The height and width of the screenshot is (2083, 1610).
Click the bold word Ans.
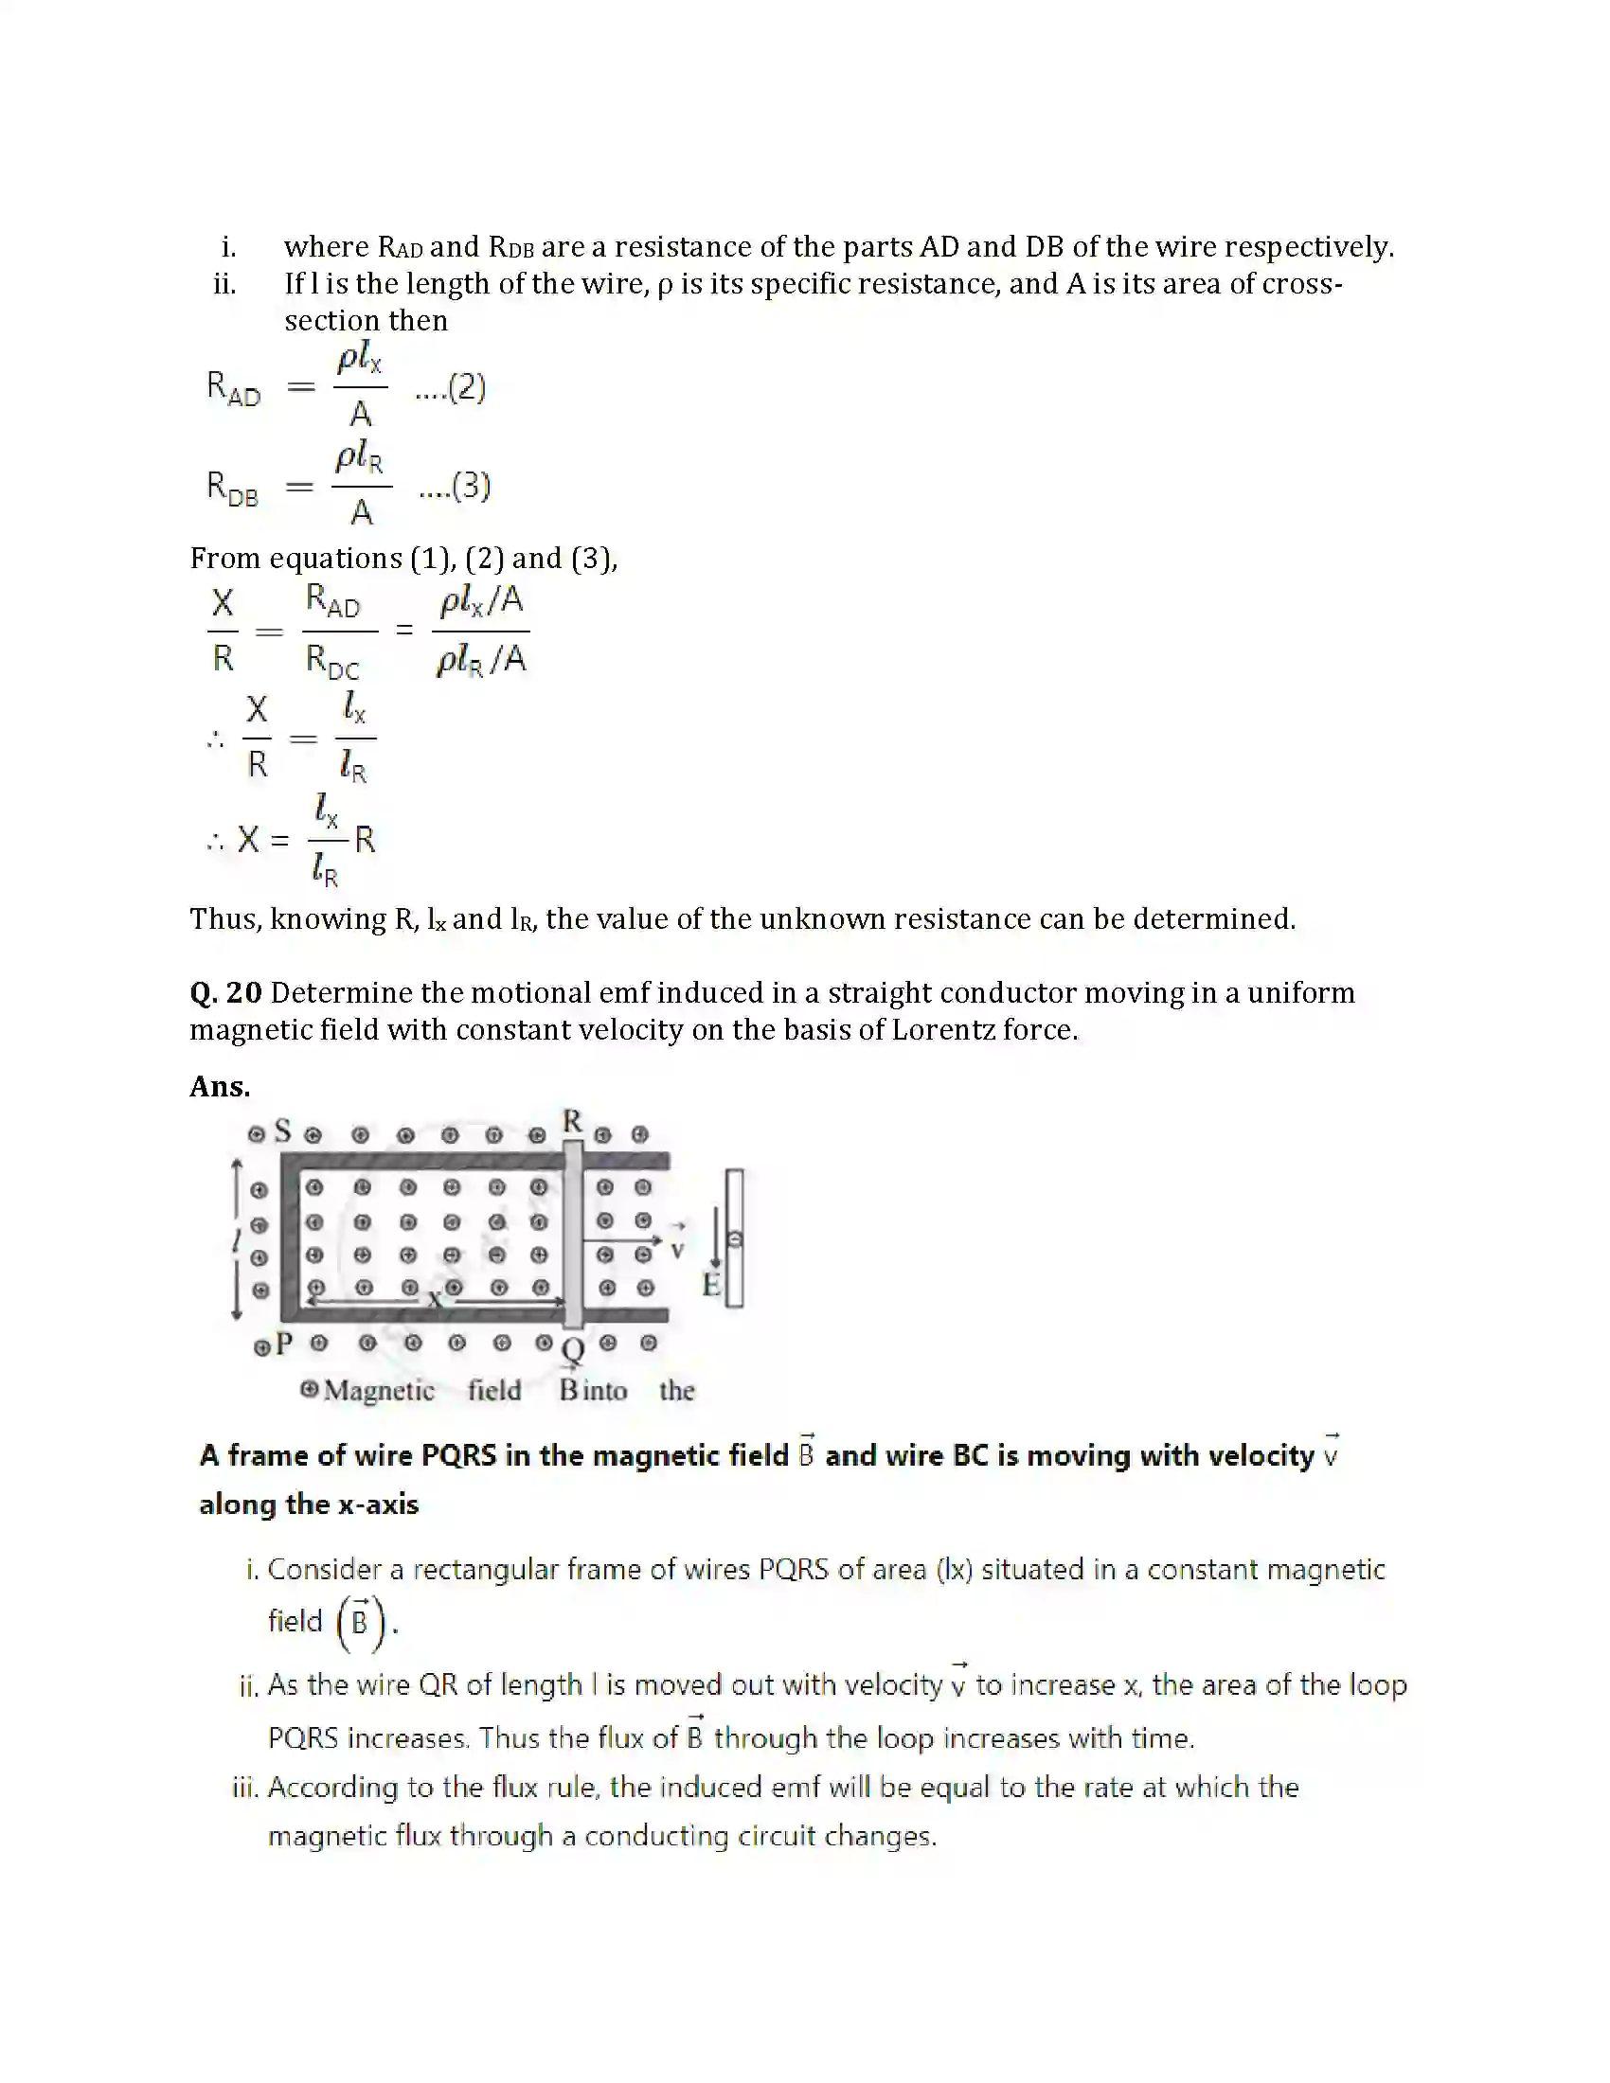point(220,1086)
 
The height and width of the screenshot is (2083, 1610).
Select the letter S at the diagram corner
point(282,1131)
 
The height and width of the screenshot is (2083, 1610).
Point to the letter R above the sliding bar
point(572,1121)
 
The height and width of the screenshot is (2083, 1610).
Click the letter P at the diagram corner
point(283,1344)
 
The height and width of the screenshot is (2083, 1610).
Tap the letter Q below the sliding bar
point(572,1350)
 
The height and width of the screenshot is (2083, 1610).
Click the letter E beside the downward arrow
point(710,1285)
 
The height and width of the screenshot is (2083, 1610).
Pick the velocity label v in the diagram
point(677,1250)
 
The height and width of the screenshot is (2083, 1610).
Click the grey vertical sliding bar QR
point(572,1235)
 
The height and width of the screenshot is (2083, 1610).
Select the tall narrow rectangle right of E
point(734,1237)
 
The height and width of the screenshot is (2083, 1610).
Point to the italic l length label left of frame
point(236,1240)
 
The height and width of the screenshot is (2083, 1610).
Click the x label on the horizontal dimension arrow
point(434,1298)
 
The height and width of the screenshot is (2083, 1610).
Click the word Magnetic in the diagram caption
point(379,1390)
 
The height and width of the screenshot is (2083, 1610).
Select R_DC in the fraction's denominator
point(331,660)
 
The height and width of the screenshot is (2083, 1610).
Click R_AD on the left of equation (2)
point(234,388)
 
